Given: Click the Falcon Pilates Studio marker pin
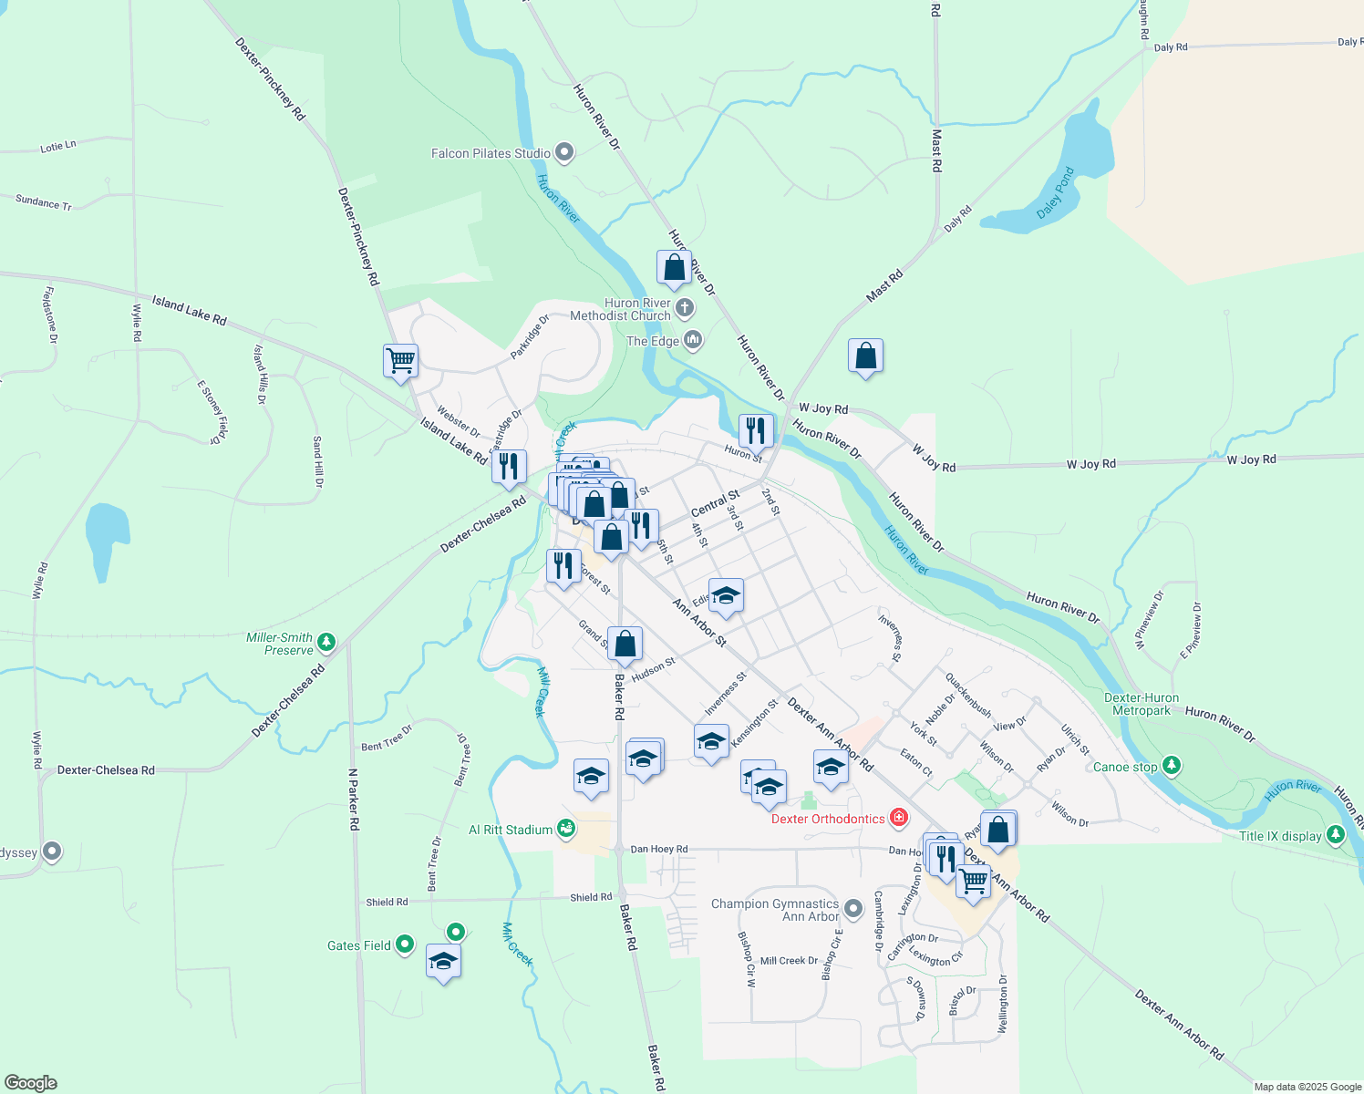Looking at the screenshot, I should coord(564,152).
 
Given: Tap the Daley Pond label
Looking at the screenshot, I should coord(1056,193).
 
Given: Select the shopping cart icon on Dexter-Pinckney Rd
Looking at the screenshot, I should coord(400,361).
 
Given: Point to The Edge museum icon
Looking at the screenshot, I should coord(693,341).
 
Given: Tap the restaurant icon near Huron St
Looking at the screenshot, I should coord(756,429).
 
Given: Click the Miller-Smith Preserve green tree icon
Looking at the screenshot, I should coord(326,643).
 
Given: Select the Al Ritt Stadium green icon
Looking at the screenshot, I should coord(566,829).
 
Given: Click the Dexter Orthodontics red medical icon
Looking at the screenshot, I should coord(899,817).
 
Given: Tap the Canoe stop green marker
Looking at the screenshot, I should coord(1173,766).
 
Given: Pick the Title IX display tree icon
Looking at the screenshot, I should coord(1336,834).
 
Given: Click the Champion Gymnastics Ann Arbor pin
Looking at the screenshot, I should coord(852,908).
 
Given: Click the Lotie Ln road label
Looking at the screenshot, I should coord(58,146).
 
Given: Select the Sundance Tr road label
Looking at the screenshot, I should coord(44,202).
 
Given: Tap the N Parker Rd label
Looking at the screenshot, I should coord(354,800).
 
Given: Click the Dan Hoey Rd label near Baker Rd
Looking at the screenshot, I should coord(659,849).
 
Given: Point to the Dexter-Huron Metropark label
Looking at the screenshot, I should coord(1142,704).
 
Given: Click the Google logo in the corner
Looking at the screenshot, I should coord(30,1082).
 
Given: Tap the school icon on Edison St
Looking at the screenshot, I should coord(726,596).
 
